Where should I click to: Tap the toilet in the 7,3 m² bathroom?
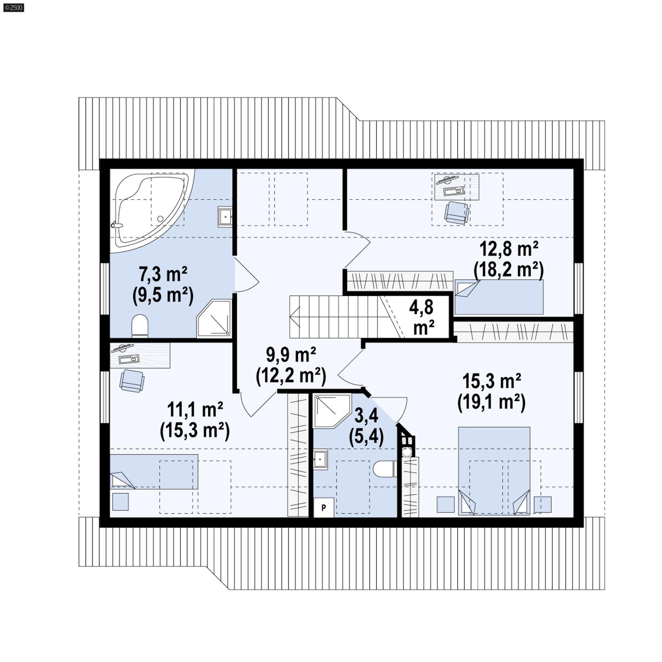point(139,326)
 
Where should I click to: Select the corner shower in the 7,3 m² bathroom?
point(214,318)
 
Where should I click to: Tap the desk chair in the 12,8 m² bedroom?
point(456,212)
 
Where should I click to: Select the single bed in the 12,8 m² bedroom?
point(499,297)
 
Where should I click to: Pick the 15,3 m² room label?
point(491,391)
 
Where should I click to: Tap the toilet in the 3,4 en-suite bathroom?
point(384,469)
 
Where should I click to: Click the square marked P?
point(324,507)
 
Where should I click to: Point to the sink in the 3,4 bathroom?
point(320,459)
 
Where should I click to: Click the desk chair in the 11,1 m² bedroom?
point(132,381)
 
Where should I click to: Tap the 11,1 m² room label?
point(195,420)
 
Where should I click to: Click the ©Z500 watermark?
point(13,7)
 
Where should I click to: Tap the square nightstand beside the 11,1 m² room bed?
point(120,501)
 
